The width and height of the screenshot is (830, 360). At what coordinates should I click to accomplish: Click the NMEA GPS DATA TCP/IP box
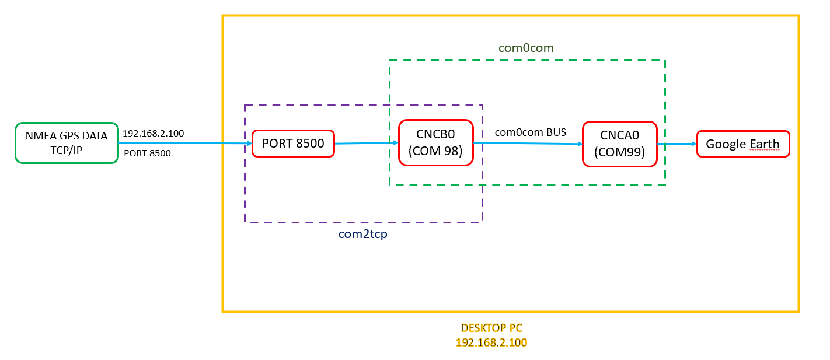67,142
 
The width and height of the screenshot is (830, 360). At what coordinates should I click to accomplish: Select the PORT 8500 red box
293,143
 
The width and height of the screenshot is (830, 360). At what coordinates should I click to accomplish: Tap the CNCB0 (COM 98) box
435,143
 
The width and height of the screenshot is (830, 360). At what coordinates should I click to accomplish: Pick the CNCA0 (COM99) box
619,144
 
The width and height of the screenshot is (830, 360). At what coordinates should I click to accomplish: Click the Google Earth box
742,144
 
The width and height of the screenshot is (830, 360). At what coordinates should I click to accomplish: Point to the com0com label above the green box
526,48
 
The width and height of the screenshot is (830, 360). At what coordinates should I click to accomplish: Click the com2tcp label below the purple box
363,234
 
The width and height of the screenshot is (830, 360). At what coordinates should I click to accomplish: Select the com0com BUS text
530,132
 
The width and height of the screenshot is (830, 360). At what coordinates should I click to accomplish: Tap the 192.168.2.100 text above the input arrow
153,134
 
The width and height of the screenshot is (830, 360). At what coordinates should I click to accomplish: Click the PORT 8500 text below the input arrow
147,153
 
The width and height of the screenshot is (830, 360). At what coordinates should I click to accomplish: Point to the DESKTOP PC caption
491,329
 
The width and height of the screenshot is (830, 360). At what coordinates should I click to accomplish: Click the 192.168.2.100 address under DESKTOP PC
491,342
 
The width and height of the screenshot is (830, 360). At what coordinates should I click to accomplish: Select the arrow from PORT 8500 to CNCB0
366,142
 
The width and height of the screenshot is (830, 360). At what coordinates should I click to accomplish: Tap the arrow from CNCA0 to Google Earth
676,144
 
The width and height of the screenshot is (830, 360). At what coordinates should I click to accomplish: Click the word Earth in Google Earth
762,144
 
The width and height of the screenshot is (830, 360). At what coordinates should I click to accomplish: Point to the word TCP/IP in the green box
67,149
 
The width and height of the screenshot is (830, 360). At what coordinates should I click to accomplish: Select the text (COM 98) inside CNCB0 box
435,151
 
